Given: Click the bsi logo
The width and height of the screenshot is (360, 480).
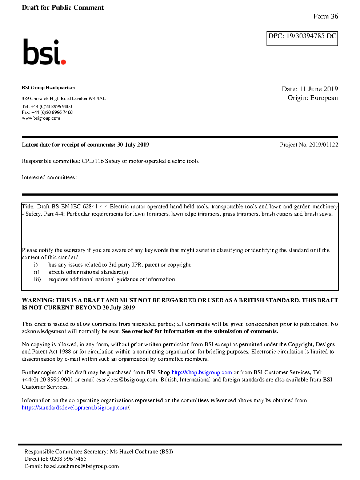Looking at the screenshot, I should (x=44, y=52).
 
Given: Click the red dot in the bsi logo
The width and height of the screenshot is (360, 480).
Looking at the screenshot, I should (x=64, y=62).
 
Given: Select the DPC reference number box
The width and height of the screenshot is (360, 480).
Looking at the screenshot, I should (x=302, y=38).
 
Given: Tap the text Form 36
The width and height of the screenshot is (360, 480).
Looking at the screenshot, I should (x=325, y=16).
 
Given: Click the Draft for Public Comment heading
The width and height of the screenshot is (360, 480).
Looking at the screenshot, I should (x=63, y=8).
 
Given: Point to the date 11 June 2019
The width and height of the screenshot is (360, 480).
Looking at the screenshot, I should (x=319, y=89).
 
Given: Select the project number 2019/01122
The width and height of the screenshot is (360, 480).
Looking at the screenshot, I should (x=323, y=145).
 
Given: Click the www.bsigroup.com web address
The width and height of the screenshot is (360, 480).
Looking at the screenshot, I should (x=41, y=118).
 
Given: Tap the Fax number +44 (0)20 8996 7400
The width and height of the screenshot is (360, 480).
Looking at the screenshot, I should (x=52, y=112).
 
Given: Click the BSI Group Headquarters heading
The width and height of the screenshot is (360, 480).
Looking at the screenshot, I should (x=48, y=88).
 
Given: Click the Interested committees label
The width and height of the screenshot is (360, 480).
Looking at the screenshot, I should (x=49, y=177).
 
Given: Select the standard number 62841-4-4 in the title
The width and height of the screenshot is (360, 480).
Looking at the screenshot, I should (x=95, y=207).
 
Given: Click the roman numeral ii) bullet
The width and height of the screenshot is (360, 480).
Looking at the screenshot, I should (x=36, y=272).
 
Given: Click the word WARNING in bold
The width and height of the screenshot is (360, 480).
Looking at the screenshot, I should (x=38, y=300).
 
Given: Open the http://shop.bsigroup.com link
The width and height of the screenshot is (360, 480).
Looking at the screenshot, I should (x=201, y=372).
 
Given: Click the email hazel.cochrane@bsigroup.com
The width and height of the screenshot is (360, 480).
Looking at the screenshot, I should (x=81, y=466).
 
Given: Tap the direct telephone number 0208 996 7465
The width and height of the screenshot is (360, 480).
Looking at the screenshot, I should (x=68, y=459).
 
